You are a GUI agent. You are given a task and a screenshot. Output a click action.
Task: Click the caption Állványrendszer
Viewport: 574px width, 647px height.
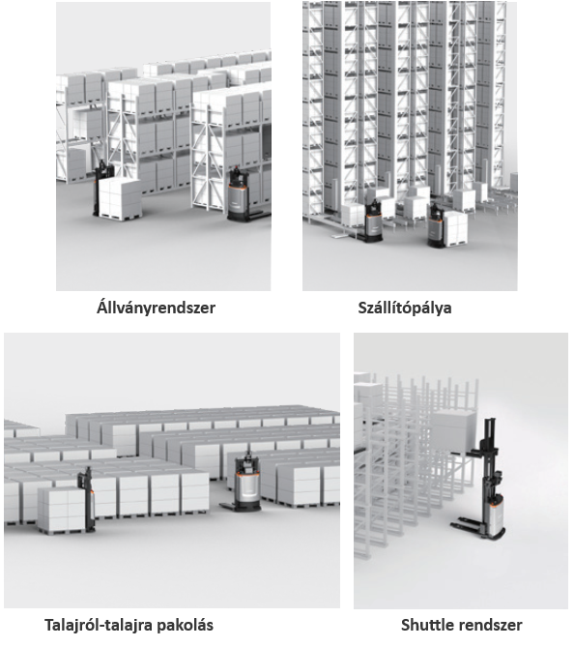(x=156, y=308)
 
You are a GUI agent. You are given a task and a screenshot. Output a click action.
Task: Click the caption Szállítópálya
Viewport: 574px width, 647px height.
(x=405, y=308)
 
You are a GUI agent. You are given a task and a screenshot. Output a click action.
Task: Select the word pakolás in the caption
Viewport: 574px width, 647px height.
(x=189, y=625)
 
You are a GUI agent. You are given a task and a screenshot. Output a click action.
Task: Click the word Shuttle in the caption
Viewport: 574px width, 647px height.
(x=428, y=625)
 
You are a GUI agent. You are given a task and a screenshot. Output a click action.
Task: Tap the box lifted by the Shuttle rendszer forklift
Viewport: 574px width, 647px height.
(x=453, y=431)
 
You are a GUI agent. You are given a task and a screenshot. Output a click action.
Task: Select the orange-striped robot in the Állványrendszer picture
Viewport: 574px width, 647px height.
(x=241, y=194)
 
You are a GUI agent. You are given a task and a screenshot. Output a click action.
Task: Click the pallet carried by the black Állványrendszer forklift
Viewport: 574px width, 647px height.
(x=121, y=199)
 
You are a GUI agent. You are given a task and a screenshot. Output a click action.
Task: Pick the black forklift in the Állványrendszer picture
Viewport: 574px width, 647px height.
(x=102, y=188)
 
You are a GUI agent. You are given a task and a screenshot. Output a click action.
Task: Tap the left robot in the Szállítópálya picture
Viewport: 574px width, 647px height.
(x=372, y=221)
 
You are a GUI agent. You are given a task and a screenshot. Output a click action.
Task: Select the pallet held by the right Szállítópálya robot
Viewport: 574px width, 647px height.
(x=456, y=229)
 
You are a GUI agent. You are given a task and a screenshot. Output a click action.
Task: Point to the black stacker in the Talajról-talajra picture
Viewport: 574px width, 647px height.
(x=87, y=499)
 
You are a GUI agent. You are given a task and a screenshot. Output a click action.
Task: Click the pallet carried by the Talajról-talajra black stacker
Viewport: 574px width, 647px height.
(x=62, y=511)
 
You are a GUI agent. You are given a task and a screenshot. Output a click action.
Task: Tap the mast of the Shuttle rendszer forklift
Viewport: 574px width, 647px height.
(x=490, y=454)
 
